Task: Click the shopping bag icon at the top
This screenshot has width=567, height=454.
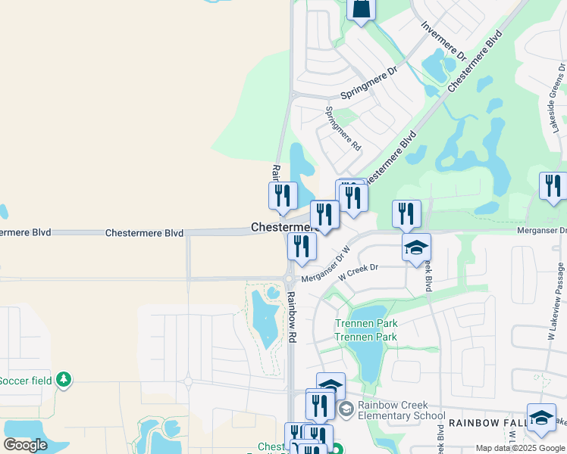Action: tap(362, 9)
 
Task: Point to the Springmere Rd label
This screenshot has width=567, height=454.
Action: tap(343, 129)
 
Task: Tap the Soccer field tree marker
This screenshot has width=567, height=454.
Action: tap(64, 380)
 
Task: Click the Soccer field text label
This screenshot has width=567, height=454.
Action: tap(27, 380)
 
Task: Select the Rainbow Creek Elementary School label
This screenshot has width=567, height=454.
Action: tap(402, 410)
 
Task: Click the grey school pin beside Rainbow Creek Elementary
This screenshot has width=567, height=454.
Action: tap(346, 410)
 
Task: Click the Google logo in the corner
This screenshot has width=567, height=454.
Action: tap(25, 445)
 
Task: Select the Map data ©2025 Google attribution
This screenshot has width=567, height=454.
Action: tap(520, 448)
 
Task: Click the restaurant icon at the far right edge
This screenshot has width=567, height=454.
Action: tap(553, 185)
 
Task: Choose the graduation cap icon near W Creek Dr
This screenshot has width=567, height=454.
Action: tap(416, 248)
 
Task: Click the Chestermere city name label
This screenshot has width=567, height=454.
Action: tap(279, 227)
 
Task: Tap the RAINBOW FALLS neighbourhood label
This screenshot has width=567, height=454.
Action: tap(482, 421)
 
